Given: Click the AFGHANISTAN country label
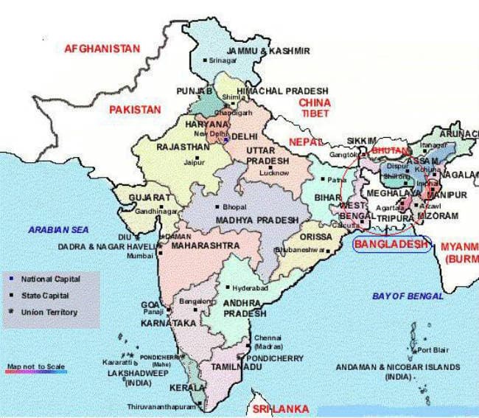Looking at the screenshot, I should pos(102,49).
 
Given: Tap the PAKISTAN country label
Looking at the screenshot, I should pos(135,109).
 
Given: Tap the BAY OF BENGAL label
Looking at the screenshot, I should pos(408,296).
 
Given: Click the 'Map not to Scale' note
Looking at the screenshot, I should pos(36,366).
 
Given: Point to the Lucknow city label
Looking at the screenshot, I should pos(275,173).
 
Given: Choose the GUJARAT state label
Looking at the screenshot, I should pos(150,198).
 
